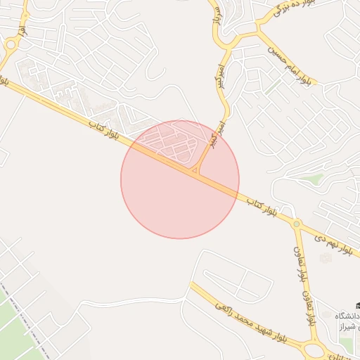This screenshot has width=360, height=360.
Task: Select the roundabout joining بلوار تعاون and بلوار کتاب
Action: (x=297, y=224)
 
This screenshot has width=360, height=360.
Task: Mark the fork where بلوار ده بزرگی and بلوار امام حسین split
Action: (x=257, y=30)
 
